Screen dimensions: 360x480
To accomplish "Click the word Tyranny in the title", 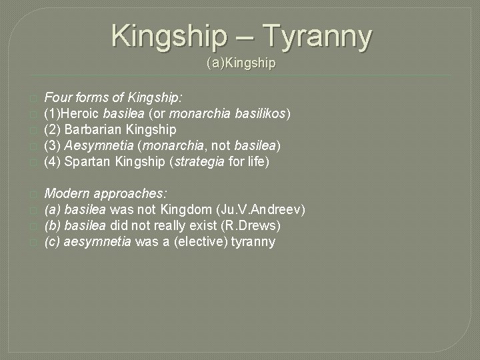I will [x=319, y=36].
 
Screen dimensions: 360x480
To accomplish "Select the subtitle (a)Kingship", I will [x=241, y=64].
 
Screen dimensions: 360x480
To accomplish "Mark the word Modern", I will [x=67, y=193].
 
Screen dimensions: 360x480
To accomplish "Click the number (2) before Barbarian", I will [x=53, y=129].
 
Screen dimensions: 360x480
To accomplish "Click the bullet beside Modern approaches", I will [x=31, y=194].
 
